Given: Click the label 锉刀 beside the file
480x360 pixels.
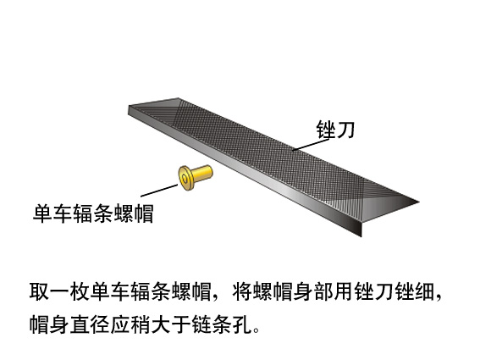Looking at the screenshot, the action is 335,130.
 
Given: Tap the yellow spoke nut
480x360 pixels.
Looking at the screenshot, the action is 196,177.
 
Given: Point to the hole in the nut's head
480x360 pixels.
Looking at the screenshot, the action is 185,178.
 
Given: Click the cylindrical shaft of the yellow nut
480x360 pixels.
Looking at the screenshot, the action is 202,174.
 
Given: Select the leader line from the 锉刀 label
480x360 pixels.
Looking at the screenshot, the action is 311,144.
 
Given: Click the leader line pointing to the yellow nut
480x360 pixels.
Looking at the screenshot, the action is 159,191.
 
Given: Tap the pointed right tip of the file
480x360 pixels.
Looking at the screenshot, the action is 418,202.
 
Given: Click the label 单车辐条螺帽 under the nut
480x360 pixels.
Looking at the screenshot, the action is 93,213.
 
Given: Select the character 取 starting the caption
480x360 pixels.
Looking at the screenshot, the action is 39,291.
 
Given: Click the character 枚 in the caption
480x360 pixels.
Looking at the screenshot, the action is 80,291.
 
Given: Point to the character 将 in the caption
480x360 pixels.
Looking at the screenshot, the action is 242,291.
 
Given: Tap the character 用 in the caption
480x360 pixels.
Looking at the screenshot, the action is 343,291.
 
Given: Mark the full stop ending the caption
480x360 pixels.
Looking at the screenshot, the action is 257,330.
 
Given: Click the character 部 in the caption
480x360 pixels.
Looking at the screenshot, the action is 323,291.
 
